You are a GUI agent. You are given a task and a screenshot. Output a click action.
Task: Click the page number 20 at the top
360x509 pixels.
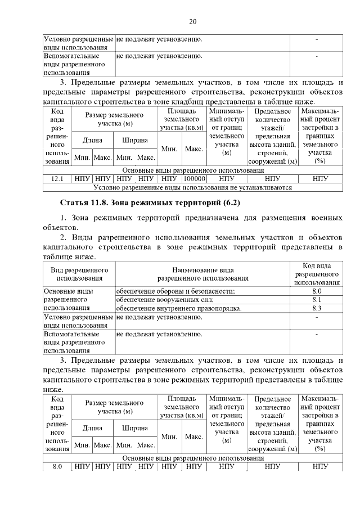[192, 22]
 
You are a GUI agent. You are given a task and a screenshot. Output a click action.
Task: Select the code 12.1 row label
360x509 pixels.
[57, 179]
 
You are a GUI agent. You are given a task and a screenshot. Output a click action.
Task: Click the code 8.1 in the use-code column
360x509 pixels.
[316, 300]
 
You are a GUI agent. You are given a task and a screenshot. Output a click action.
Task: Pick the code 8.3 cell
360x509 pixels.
[316, 309]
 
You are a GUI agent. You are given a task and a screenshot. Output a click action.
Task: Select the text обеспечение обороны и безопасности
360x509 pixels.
[175, 291]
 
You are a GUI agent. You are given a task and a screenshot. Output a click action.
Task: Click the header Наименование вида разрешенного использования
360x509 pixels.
[202, 274]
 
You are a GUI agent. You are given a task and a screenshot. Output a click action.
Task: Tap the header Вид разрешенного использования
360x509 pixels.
[79, 274]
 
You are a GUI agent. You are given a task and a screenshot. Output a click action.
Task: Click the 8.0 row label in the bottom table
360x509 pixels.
[57, 467]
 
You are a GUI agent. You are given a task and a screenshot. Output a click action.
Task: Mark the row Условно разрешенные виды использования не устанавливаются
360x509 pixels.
[192, 188]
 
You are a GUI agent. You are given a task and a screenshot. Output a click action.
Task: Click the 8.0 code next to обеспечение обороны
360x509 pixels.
[316, 291]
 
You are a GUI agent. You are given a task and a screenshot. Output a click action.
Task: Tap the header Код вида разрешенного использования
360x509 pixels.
[316, 274]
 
